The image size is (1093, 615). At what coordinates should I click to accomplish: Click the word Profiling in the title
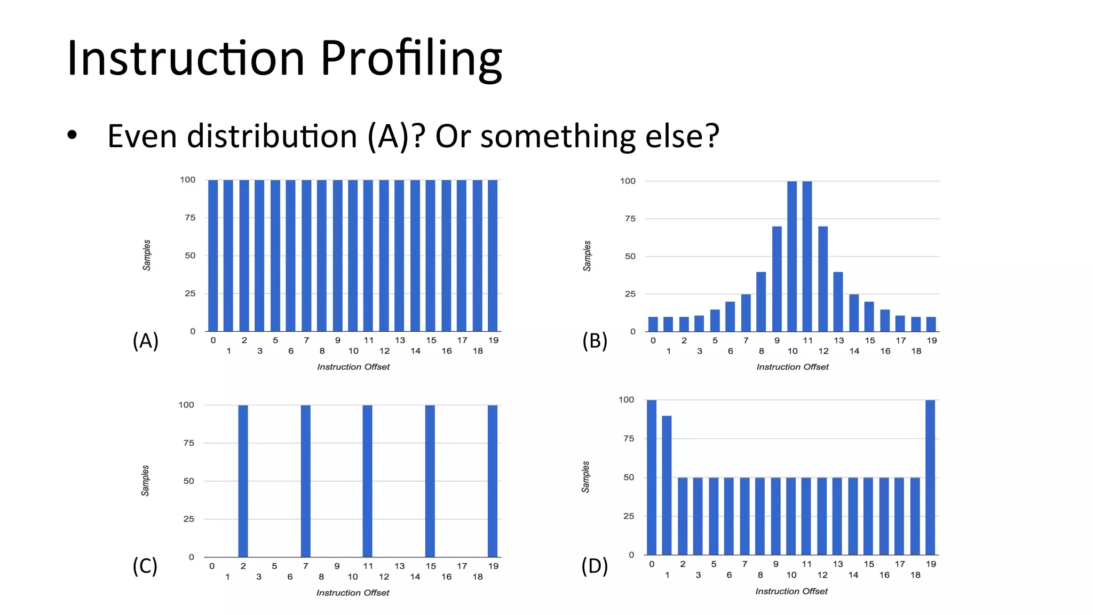point(411,59)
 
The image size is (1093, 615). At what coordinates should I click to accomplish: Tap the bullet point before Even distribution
point(72,135)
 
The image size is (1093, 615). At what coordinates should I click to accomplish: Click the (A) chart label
point(145,340)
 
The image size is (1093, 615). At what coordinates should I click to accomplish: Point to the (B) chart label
point(595,340)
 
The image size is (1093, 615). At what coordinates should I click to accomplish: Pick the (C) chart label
point(145,566)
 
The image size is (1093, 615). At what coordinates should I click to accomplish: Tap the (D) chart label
point(595,566)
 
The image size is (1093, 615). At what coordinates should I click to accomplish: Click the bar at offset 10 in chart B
point(792,256)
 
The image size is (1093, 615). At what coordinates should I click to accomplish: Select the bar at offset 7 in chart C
point(305,481)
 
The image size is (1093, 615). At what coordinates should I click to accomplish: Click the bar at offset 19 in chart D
point(930,477)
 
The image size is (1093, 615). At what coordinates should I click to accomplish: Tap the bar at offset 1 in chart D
point(667,485)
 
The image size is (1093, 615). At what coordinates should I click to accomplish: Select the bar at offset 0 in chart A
point(213,255)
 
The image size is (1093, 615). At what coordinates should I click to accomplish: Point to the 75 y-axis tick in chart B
point(630,219)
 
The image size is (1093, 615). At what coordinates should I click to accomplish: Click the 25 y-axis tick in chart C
point(189,519)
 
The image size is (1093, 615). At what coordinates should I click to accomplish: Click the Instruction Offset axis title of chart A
point(353,367)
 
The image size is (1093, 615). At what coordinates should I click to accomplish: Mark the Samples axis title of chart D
point(585,477)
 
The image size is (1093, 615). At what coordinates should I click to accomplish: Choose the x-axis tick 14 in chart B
point(854,351)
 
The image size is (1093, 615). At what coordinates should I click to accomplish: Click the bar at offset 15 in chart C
point(430,481)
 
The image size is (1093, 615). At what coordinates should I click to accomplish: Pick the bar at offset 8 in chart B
point(761,301)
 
